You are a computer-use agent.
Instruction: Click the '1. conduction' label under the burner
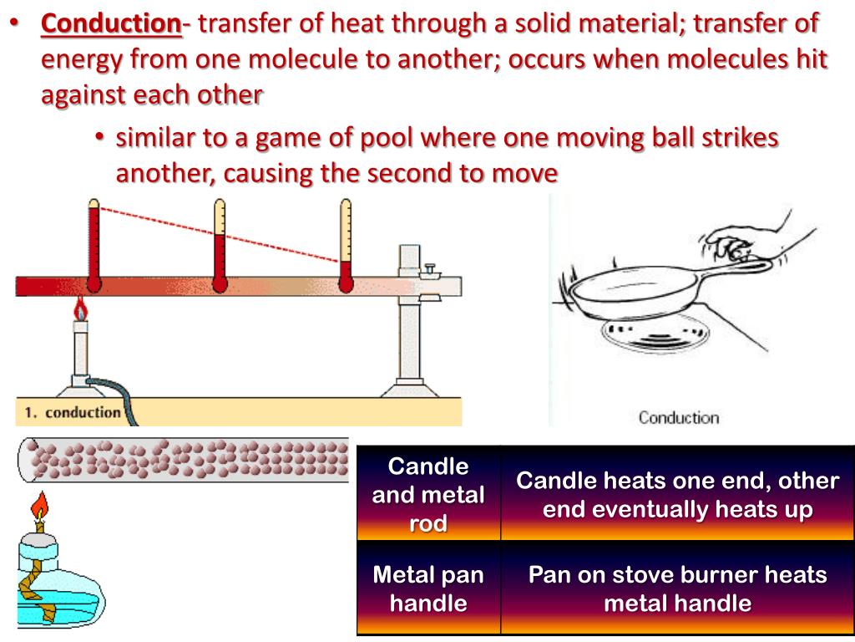click(73, 412)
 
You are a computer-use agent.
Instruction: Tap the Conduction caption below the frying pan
click(678, 416)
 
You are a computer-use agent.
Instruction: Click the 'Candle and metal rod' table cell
click(428, 494)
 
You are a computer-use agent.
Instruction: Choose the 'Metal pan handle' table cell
click(428, 588)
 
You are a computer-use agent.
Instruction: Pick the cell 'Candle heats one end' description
click(677, 494)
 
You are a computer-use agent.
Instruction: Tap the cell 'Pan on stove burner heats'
click(677, 588)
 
